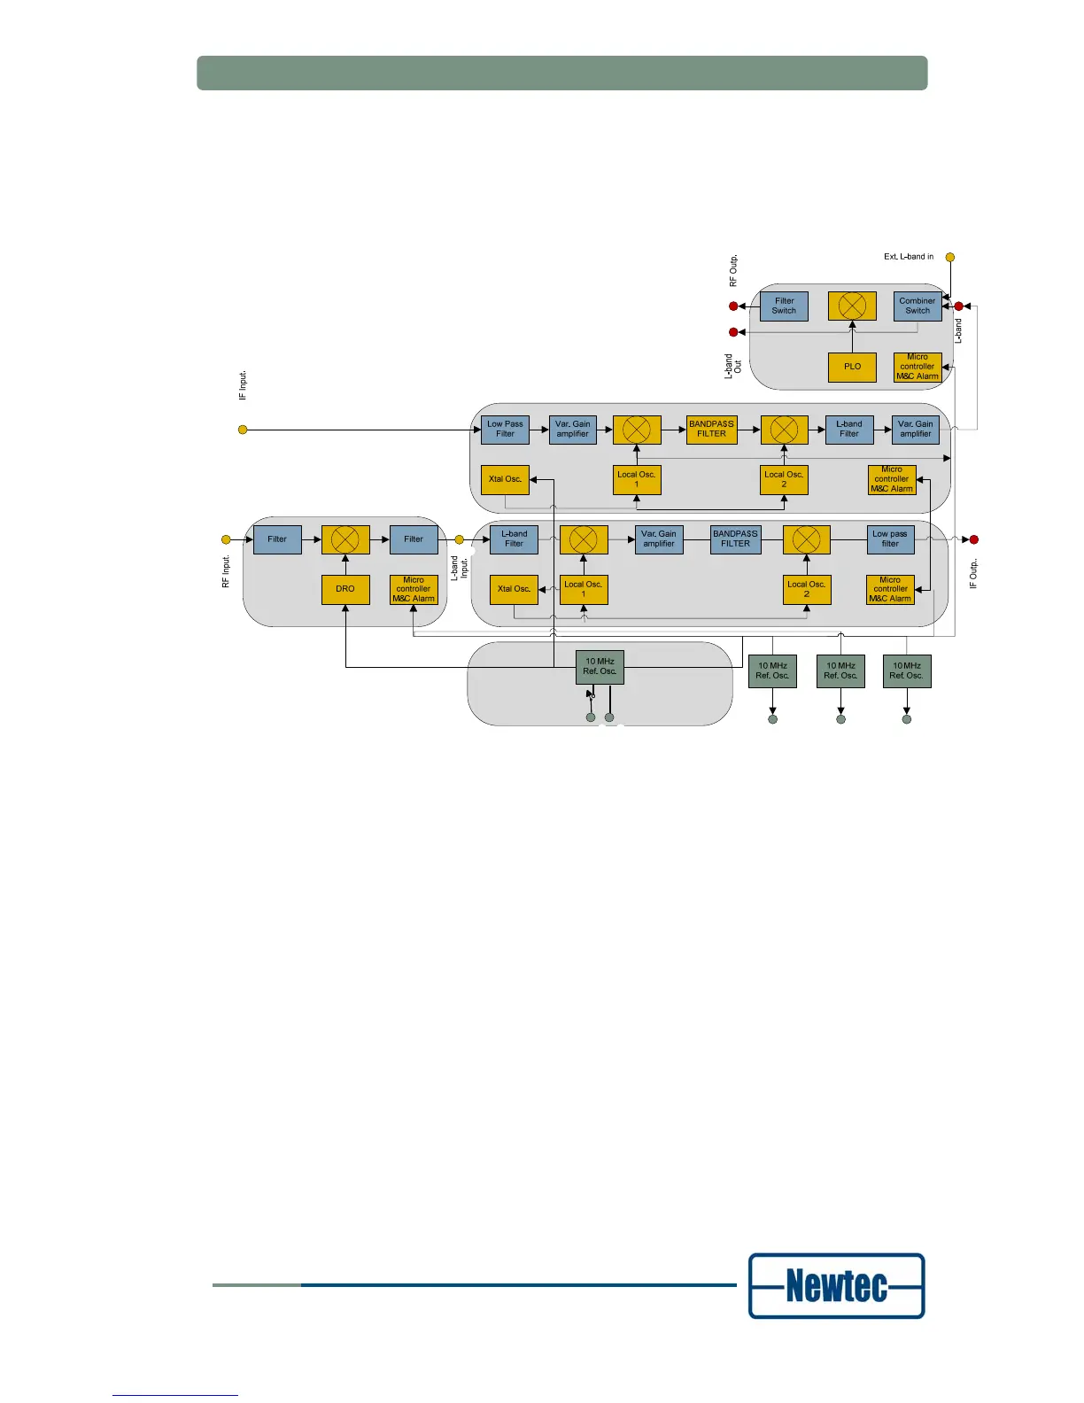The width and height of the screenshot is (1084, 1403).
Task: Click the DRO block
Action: (345, 589)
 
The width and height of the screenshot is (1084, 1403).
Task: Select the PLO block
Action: (852, 367)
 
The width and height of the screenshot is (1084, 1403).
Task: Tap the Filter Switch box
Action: (784, 306)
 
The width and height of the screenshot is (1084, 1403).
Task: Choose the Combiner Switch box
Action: (918, 306)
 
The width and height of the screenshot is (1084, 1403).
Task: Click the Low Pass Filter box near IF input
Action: (505, 430)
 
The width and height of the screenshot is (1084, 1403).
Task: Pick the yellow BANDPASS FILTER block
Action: (712, 430)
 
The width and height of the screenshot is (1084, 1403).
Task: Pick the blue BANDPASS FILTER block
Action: (735, 539)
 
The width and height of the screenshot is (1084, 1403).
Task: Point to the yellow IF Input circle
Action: (243, 430)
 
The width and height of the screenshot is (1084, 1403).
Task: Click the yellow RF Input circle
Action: (226, 539)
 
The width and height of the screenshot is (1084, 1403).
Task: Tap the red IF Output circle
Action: (974, 539)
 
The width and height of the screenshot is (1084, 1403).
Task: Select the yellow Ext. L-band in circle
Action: (950, 258)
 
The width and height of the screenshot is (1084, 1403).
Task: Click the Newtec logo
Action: (837, 1285)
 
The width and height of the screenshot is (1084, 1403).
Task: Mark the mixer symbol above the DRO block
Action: (345, 539)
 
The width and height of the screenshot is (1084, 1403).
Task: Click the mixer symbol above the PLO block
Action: (852, 306)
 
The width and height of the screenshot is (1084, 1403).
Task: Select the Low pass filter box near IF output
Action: (890, 539)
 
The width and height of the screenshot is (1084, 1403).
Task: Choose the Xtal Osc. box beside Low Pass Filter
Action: (505, 479)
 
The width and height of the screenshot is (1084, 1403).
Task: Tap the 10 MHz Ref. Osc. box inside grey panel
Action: (600, 667)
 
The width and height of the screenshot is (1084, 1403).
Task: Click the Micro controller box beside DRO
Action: (414, 589)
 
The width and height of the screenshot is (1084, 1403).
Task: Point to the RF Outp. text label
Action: (733, 271)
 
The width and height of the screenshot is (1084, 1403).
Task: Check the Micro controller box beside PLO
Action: (918, 367)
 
